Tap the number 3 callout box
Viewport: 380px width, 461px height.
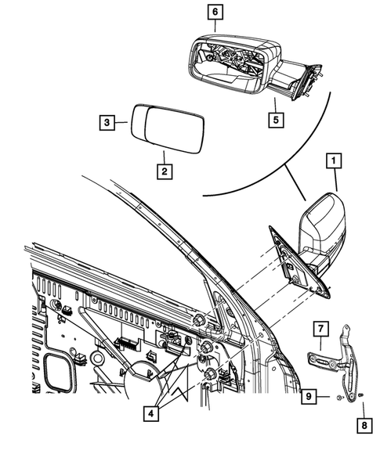(x=108, y=122)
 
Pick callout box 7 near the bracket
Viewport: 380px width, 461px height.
(x=321, y=326)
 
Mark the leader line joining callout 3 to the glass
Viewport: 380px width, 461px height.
(x=123, y=122)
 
